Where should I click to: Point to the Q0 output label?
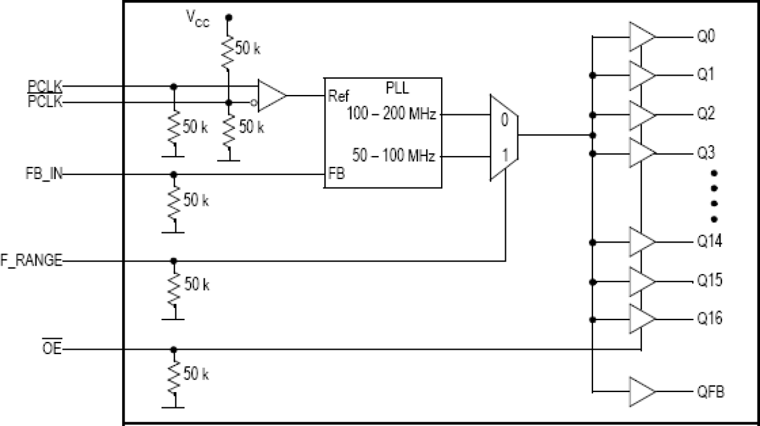(x=705, y=37)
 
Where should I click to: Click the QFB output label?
(x=709, y=392)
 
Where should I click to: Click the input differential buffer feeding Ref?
(x=271, y=95)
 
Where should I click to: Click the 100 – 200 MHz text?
(x=391, y=114)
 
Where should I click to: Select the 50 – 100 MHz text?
(x=394, y=157)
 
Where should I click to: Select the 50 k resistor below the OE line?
(x=174, y=375)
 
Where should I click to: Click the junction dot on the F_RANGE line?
(x=174, y=261)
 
